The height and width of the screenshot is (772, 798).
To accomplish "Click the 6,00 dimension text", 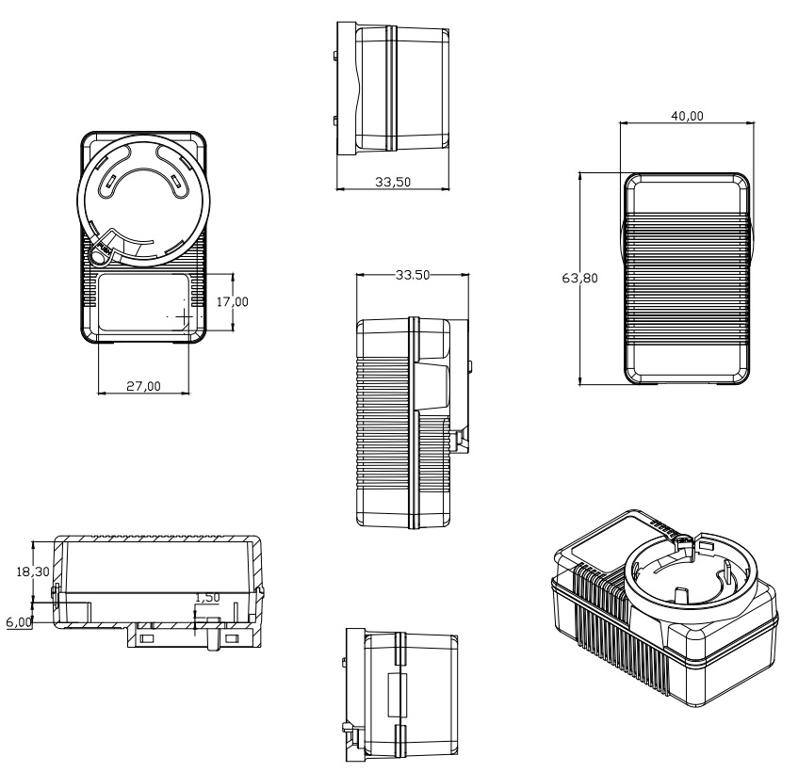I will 18,622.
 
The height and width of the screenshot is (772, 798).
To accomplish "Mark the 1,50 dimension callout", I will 206,598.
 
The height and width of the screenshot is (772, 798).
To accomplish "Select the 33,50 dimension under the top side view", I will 392,183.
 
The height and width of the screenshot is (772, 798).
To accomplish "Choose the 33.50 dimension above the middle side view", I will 413,275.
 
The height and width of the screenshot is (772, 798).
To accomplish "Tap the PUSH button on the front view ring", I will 100,251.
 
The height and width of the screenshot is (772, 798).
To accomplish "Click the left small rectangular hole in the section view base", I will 146,639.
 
